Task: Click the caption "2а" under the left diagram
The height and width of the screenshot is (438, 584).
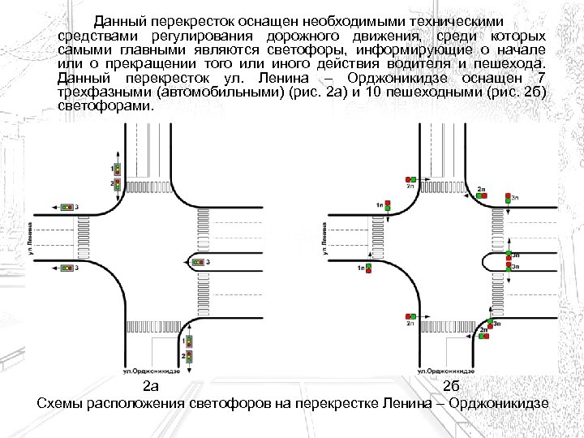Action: point(151,385)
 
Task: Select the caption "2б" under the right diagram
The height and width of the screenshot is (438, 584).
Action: point(452,385)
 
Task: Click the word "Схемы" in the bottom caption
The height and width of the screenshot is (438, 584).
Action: point(62,404)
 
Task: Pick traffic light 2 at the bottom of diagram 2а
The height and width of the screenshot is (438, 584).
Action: point(189,356)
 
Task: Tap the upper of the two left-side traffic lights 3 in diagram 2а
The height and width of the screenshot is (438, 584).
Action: point(68,208)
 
